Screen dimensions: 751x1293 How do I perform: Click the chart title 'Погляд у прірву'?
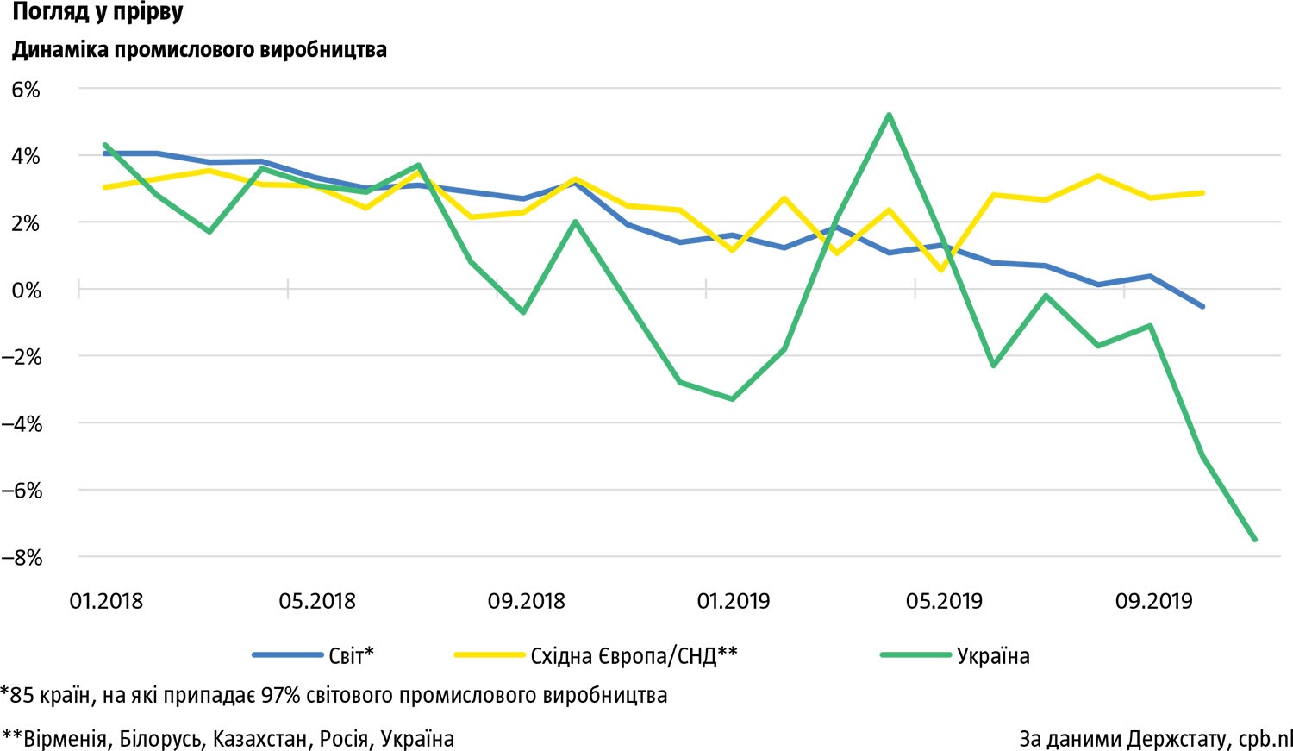click(97, 13)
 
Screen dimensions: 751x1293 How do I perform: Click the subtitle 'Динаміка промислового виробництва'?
click(199, 50)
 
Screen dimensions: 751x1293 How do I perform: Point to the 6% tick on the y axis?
click(26, 90)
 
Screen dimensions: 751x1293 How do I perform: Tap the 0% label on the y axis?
click(26, 291)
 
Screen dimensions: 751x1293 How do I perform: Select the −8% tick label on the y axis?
click(22, 558)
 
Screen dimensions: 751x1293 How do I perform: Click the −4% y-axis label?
click(22, 424)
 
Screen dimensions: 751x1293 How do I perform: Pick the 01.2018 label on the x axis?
click(106, 601)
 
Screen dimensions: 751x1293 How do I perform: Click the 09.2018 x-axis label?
click(526, 601)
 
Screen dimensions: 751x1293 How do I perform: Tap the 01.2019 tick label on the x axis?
click(734, 601)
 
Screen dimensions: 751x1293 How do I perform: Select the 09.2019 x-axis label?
click(1153, 601)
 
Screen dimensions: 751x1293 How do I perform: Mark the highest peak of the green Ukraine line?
click(889, 115)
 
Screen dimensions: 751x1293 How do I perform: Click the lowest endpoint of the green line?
click(1254, 540)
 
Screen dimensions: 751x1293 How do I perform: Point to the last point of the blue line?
click(1202, 306)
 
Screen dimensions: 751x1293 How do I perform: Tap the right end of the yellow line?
click(1202, 193)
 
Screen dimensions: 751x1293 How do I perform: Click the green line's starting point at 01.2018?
click(105, 145)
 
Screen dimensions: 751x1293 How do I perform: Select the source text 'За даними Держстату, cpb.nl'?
click(1155, 739)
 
